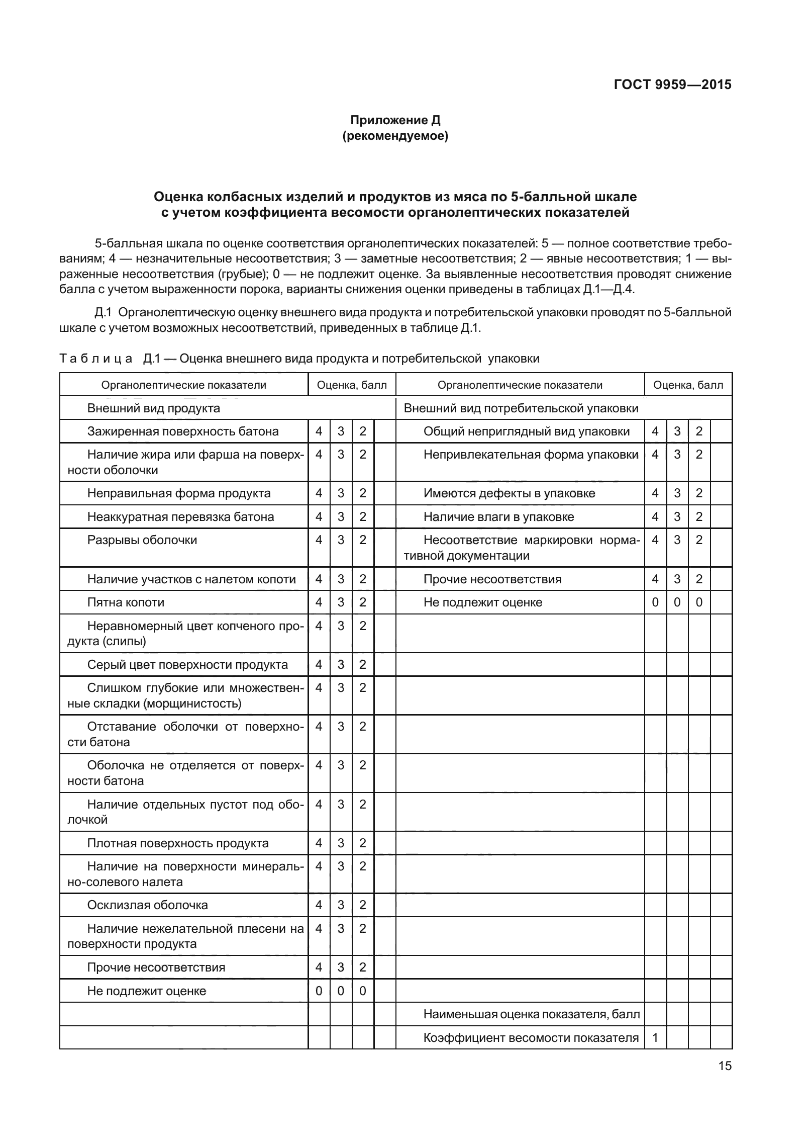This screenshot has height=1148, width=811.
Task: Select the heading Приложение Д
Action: coord(395,120)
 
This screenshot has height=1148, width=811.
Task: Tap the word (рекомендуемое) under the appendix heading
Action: coord(395,136)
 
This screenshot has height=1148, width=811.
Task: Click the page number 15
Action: coord(725,1080)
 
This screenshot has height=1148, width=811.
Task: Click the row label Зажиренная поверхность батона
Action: coord(183,431)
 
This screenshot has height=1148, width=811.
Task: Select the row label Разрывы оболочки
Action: coord(142,540)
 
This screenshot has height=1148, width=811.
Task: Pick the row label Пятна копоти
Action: coord(126,602)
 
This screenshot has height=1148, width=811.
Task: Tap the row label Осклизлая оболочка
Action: coord(147,905)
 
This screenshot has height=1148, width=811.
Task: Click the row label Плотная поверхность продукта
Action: coord(178,843)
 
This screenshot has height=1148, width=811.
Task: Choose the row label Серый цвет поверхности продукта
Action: coord(187,665)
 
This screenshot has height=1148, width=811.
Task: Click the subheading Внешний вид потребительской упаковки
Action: coord(521,408)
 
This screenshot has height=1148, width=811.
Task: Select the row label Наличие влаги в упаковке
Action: coord(498,517)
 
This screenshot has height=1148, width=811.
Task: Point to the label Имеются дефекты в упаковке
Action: coord(509,493)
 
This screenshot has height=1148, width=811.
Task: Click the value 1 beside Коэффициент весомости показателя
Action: coord(655,1038)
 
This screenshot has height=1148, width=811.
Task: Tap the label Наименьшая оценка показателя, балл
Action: coord(532,1014)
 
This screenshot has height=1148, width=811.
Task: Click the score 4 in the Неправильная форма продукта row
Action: coord(319,493)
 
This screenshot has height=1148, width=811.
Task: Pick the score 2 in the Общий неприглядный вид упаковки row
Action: coord(699,431)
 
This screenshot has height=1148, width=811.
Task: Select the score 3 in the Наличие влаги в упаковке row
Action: coord(677,517)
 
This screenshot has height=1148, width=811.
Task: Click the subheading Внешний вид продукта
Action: coord(153,408)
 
